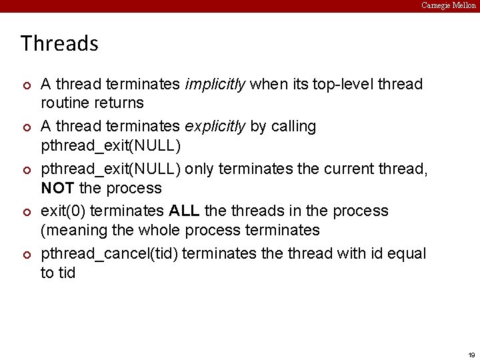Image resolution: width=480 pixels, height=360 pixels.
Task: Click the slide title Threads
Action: click(59, 44)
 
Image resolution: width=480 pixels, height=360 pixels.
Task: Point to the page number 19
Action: click(471, 355)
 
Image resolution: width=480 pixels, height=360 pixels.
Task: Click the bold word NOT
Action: click(58, 188)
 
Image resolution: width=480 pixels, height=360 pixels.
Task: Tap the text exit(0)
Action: click(63, 211)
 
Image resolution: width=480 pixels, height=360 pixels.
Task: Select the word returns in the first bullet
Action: click(119, 103)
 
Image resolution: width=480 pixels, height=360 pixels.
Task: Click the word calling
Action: click(292, 127)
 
